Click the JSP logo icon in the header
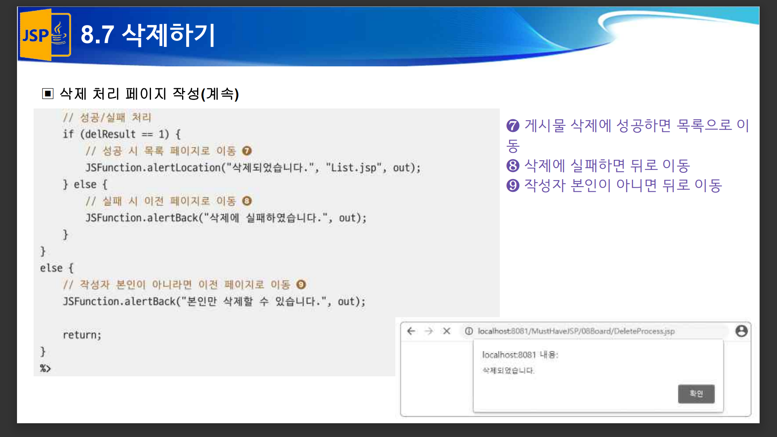[x=45, y=35]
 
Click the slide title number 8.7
[x=97, y=35]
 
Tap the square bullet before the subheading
[x=48, y=94]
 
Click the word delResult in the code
[x=110, y=134]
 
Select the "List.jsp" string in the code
[x=354, y=168]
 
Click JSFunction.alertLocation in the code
[x=153, y=168]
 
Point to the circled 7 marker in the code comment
[x=247, y=151]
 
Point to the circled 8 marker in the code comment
[x=247, y=201]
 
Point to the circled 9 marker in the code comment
[x=301, y=284]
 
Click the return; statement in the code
[x=82, y=335]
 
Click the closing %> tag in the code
[x=45, y=368]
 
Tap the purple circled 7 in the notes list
[x=513, y=126]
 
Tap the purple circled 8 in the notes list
[x=513, y=165]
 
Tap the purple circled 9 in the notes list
[x=513, y=185]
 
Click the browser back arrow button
[x=411, y=331]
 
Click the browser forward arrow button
[x=429, y=331]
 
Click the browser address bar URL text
[x=576, y=331]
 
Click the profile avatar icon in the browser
[x=741, y=331]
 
